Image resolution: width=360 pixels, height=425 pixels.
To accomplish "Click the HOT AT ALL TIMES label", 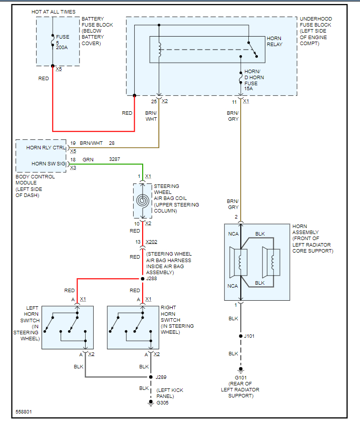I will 54,11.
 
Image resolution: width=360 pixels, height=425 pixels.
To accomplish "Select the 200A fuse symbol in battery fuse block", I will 53,40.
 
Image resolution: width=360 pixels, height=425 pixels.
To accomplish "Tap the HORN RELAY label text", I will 274,41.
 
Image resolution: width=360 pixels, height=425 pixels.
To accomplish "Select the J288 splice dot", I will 143,279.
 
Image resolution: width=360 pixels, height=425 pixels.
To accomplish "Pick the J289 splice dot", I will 151,377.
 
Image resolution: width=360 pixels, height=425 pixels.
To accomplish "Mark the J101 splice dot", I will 240,336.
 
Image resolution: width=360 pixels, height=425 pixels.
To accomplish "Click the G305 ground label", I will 162,402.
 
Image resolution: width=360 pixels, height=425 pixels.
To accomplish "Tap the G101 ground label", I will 240,377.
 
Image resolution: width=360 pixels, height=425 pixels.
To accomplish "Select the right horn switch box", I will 133,327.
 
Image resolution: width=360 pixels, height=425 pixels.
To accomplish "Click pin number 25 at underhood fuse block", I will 154,101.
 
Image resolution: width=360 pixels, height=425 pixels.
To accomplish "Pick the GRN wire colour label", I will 88,159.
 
